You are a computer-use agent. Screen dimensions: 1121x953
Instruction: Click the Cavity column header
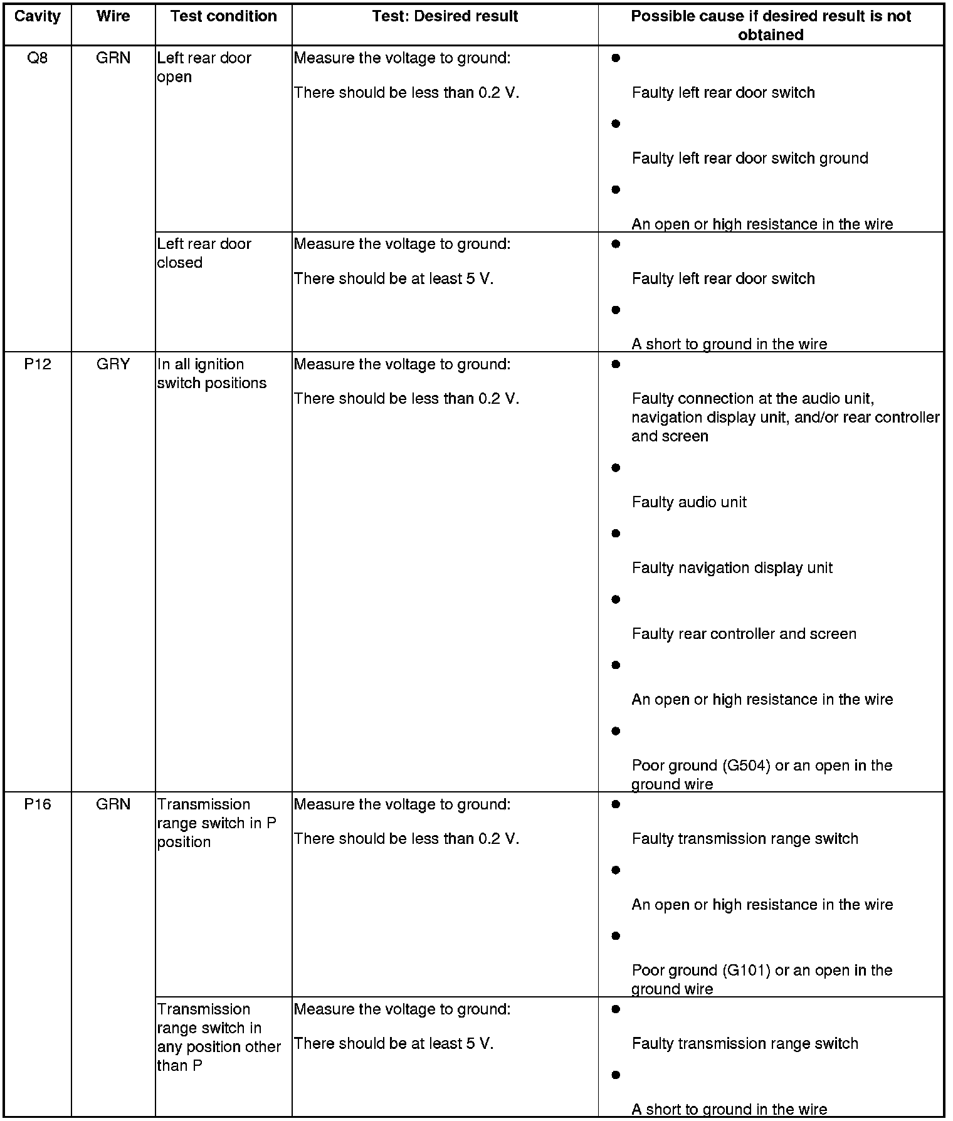tap(38, 16)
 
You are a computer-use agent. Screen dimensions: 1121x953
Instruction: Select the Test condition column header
tap(223, 16)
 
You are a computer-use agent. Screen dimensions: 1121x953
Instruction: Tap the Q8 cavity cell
tap(38, 58)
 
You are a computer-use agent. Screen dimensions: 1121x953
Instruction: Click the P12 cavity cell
tap(38, 364)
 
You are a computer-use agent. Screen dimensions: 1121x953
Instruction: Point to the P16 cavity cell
tap(38, 804)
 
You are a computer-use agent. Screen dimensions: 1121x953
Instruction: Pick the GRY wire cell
tap(113, 364)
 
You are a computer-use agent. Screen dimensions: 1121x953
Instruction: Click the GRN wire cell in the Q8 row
tap(113, 58)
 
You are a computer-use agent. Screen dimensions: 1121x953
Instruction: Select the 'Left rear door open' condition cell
tap(204, 68)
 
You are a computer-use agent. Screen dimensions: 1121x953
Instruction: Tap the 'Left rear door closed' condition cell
tap(204, 253)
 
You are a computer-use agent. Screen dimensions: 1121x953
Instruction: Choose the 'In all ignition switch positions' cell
tap(212, 374)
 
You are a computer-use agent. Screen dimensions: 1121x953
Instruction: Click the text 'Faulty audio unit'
tap(689, 502)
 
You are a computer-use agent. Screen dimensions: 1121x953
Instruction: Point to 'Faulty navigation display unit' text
tap(732, 568)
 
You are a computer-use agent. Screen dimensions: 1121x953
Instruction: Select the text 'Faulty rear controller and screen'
tap(744, 634)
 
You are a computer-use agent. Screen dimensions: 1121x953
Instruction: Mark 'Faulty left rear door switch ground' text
tap(750, 159)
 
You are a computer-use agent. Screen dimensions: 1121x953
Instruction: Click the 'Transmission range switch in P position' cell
tap(217, 823)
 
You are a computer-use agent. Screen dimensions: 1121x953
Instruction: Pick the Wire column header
tap(113, 16)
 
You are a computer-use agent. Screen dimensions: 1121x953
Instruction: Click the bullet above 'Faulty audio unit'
tap(616, 468)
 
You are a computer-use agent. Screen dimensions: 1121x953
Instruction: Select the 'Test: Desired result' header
tap(445, 16)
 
